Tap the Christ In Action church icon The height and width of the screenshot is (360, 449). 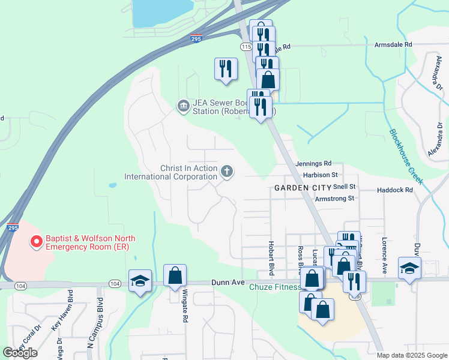pyautogui.click(x=227, y=172)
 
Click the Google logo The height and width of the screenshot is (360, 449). pyautogui.click(x=20, y=353)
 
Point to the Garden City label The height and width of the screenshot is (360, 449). pyautogui.click(x=303, y=188)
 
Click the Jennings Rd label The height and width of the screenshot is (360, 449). pyautogui.click(x=313, y=163)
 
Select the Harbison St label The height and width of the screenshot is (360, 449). pyautogui.click(x=321, y=175)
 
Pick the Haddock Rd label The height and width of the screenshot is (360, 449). pyautogui.click(x=395, y=190)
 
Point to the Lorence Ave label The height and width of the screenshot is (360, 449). pyautogui.click(x=384, y=256)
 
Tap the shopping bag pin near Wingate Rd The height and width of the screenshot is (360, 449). pyautogui.click(x=175, y=277)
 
